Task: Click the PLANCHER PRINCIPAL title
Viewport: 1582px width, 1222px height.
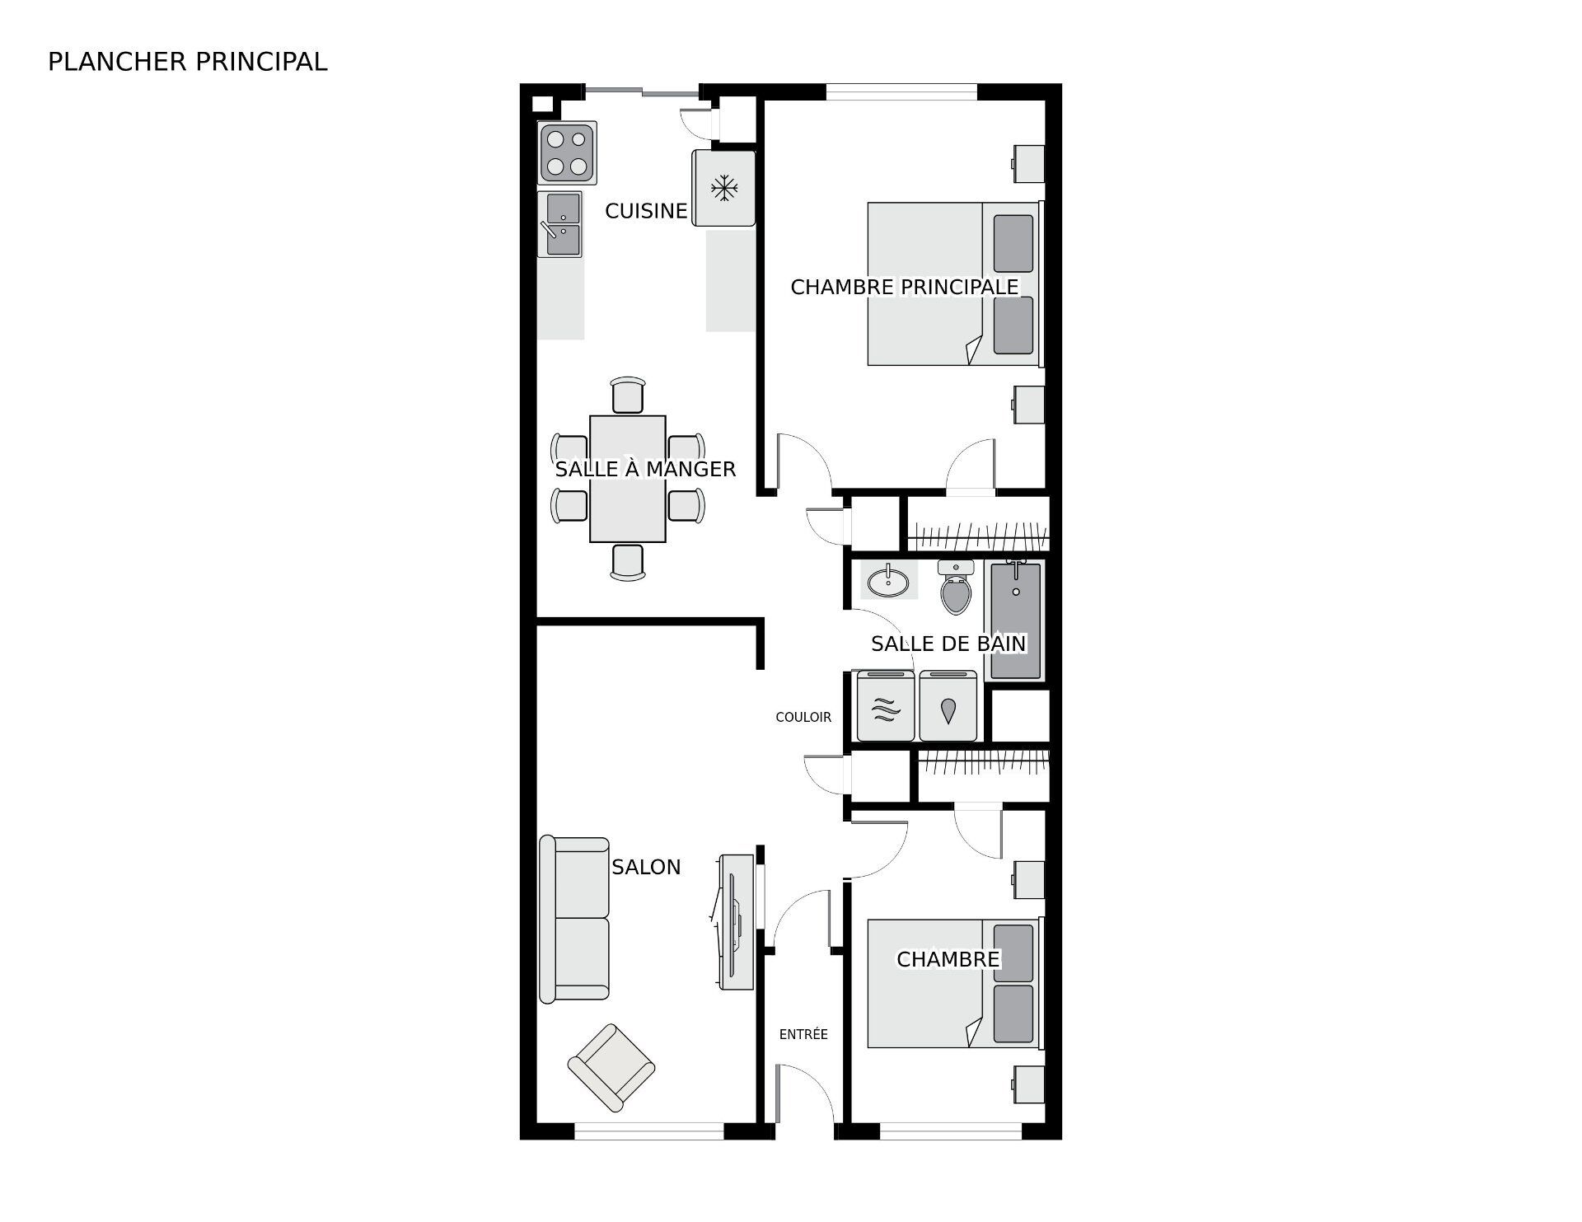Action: coord(188,62)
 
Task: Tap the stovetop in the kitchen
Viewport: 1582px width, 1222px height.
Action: coord(567,153)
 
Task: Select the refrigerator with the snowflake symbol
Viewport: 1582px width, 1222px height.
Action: coord(723,188)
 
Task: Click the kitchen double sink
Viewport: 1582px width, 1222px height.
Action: coord(560,224)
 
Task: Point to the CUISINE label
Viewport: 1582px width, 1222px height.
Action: coord(645,211)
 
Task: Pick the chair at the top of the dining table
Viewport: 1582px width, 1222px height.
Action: coord(628,395)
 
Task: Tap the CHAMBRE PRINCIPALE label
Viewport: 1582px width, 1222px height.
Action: coord(904,287)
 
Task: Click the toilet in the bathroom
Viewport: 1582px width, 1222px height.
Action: coord(956,588)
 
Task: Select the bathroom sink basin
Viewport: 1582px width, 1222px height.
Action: coord(888,582)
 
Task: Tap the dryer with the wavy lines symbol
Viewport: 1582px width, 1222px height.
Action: coord(886,707)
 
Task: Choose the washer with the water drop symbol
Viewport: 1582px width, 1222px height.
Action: coord(948,707)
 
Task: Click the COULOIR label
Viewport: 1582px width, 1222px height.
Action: coord(803,718)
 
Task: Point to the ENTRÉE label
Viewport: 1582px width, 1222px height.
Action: coord(803,1035)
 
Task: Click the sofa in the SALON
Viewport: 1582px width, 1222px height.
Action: coord(574,919)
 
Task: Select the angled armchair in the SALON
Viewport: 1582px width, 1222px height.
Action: coord(611,1068)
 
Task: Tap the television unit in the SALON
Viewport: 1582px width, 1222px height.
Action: coord(736,921)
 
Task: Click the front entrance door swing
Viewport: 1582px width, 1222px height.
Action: coord(803,1092)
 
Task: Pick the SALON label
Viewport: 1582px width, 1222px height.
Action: coord(646,867)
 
